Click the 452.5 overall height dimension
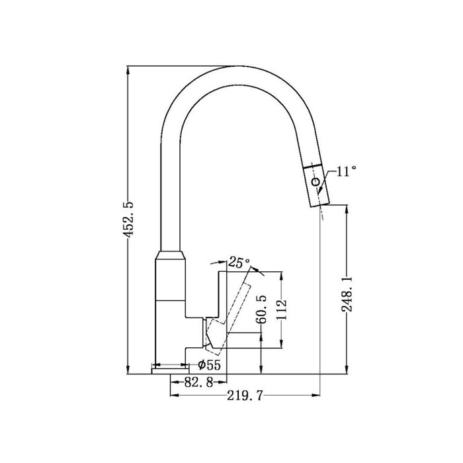tap(132, 219)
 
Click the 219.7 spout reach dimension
tap(245, 396)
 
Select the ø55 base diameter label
tap(210, 365)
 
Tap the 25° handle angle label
tap(239, 262)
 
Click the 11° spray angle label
tap(347, 171)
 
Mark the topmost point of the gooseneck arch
tap(235, 67)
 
